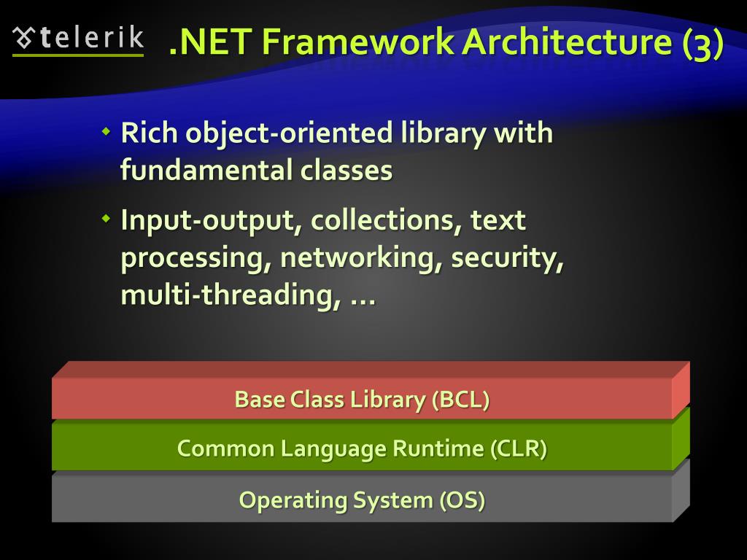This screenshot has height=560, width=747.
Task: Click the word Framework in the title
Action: click(x=359, y=43)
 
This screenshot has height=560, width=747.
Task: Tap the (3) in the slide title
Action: click(x=703, y=44)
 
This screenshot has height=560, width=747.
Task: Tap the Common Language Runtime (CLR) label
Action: click(x=362, y=448)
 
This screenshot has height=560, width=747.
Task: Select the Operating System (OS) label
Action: click(x=362, y=500)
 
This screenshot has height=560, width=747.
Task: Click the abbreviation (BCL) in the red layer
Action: click(x=460, y=400)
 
